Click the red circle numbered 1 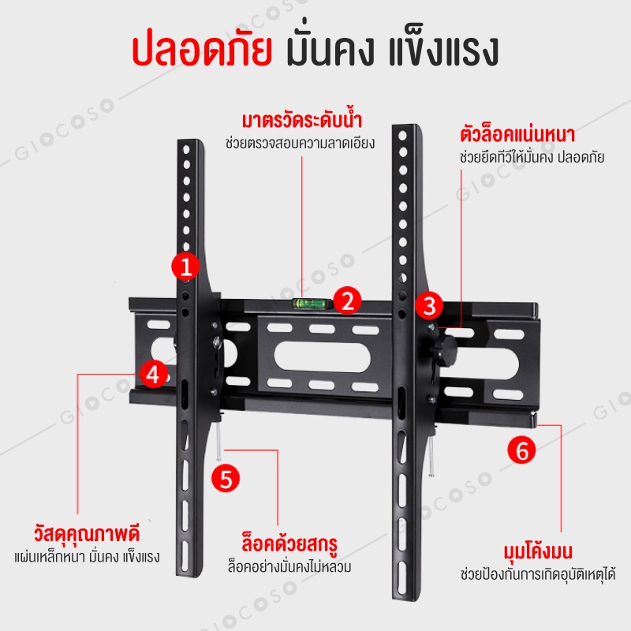[185, 267]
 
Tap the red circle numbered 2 [347, 301]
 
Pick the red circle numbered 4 [155, 374]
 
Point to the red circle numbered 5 [226, 479]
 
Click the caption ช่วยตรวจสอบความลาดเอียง [300, 144]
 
